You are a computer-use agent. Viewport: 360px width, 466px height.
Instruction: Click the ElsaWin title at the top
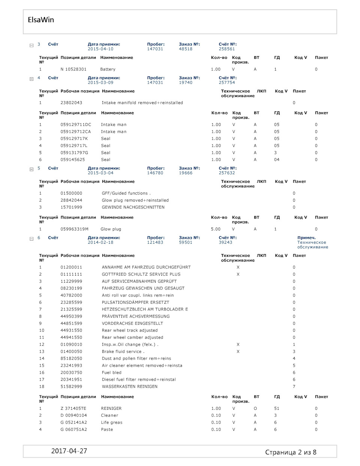(41, 20)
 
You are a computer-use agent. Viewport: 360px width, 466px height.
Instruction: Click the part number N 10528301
(73, 69)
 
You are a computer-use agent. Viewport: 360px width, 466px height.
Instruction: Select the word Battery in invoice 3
(108, 69)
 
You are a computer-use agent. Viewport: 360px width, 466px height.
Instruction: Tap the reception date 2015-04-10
(100, 49)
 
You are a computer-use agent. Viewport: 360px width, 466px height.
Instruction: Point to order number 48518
(186, 49)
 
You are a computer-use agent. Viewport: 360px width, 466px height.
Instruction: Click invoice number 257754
(227, 83)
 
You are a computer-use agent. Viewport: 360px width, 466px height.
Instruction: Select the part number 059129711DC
(76, 125)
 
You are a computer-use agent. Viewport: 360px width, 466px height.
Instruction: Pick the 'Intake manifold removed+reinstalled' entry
(142, 103)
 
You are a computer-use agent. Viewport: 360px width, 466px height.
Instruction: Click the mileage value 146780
(155, 173)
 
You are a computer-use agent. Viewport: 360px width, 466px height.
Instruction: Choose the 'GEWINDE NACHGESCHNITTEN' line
(133, 207)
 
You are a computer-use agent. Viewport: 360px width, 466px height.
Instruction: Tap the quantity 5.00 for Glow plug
(216, 229)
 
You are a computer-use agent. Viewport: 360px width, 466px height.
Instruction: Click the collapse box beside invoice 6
(31, 239)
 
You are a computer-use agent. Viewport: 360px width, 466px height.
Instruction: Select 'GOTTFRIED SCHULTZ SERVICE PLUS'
(141, 274)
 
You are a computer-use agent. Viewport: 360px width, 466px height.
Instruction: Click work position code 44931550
(71, 331)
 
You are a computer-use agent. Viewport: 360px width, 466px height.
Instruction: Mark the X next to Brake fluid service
(238, 352)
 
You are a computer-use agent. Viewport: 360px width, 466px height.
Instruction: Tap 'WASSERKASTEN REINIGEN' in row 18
(130, 387)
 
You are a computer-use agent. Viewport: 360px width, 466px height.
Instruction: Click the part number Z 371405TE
(73, 409)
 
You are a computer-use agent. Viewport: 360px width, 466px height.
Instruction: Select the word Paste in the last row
(107, 430)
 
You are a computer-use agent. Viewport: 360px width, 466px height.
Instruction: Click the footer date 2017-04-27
(69, 451)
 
